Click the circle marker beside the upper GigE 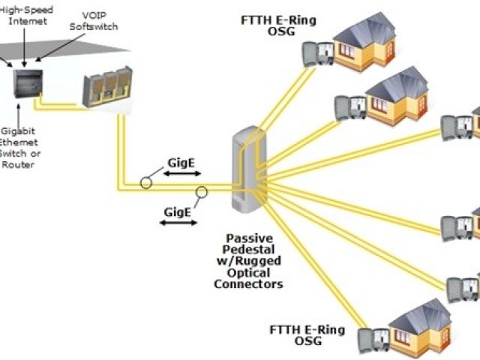(147, 181)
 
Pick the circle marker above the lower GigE (201, 193)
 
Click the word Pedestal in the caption (250, 250)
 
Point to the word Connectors (248, 283)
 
